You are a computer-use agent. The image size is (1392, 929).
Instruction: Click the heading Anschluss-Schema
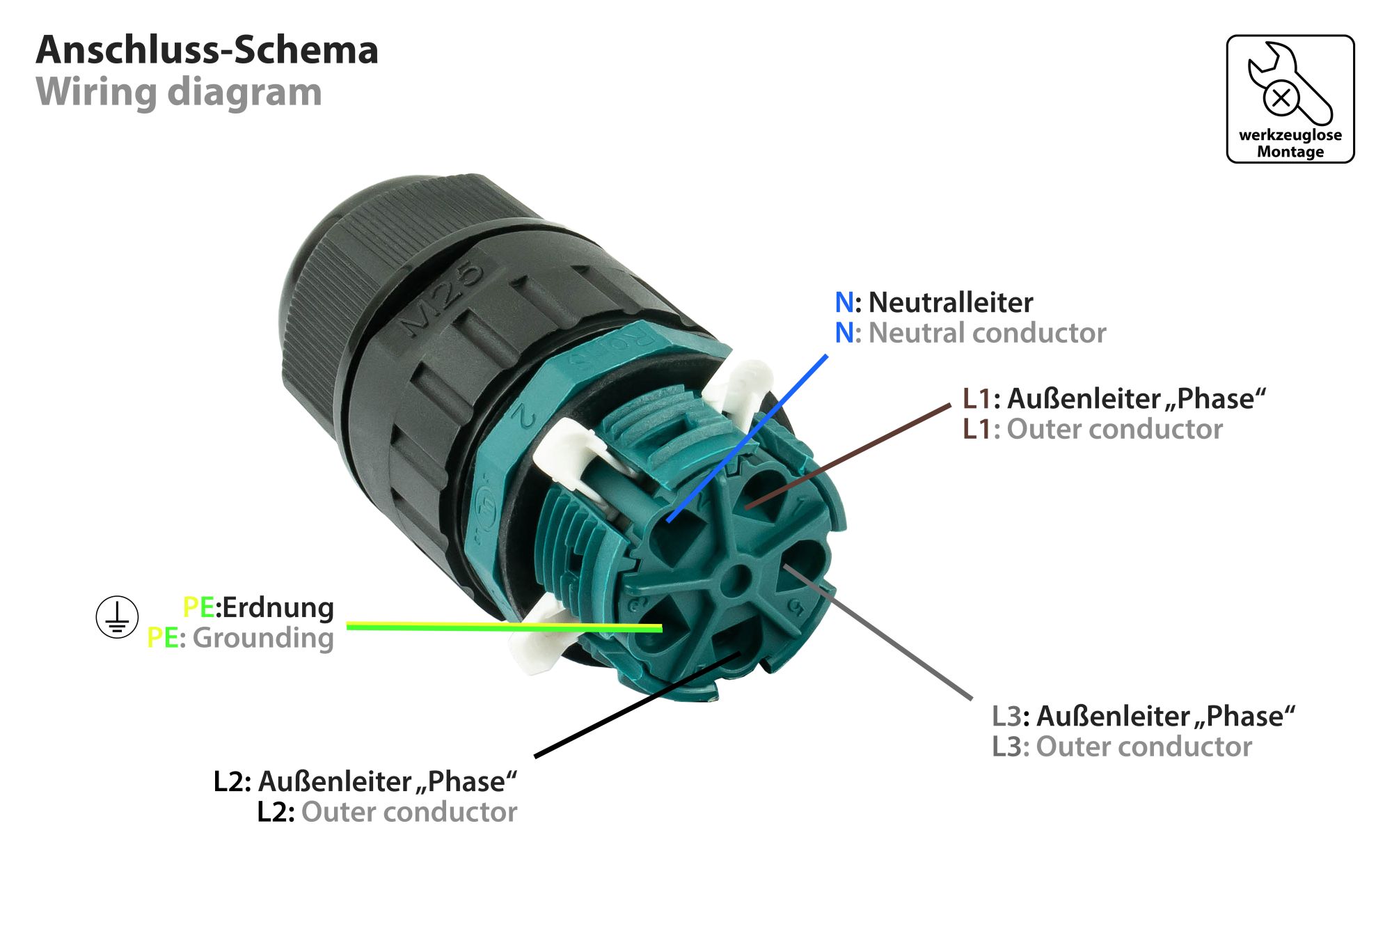coord(207,50)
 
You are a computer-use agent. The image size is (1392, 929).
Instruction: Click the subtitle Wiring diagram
coord(179,92)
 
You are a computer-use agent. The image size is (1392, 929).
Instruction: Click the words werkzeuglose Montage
coord(1290,143)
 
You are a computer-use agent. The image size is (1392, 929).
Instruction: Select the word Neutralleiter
coord(950,302)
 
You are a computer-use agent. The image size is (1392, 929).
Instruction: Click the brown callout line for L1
coord(849,455)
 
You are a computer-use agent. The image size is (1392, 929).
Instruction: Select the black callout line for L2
coord(637,704)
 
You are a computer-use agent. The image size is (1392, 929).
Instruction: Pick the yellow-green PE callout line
coord(501,627)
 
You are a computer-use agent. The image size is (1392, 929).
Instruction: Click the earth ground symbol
coord(117,617)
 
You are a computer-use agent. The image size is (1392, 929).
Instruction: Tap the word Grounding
coord(263,638)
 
